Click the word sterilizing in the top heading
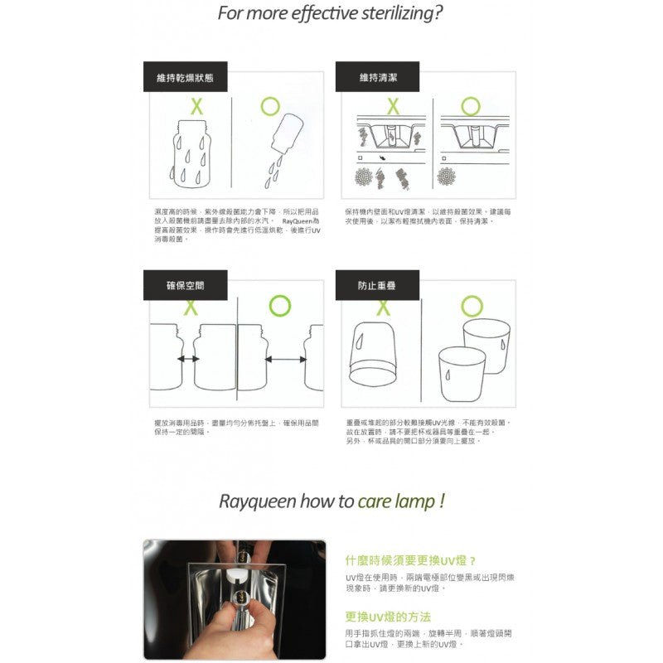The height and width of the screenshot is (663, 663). [x=390, y=13]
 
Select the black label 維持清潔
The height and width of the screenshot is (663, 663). [x=377, y=77]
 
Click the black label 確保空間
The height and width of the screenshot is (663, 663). [x=185, y=285]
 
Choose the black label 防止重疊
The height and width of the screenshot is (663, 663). [x=377, y=285]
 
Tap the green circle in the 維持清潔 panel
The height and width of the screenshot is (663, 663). [x=471, y=106]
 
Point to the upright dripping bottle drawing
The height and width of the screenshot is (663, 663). [x=190, y=157]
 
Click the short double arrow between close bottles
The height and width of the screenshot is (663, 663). [x=188, y=359]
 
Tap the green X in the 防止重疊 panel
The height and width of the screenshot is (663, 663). [x=384, y=307]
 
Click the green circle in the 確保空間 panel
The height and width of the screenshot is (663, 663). [x=280, y=307]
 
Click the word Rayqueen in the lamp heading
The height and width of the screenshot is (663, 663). [x=254, y=501]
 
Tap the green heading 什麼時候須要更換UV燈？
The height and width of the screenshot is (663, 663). [x=409, y=560]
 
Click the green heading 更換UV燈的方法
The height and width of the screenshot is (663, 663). [x=388, y=617]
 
